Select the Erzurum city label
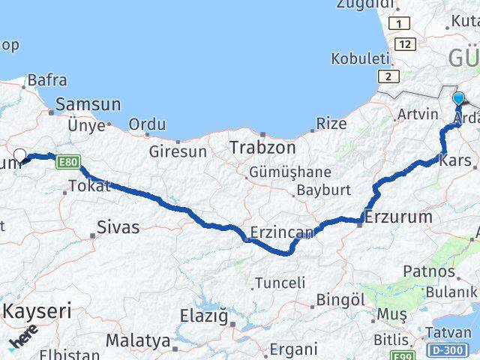(x=398, y=217)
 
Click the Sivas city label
(x=118, y=226)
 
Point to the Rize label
(x=330, y=123)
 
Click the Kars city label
(x=456, y=160)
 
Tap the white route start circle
(x=20, y=156)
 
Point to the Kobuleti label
(x=361, y=58)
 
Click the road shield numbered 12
(x=406, y=45)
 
